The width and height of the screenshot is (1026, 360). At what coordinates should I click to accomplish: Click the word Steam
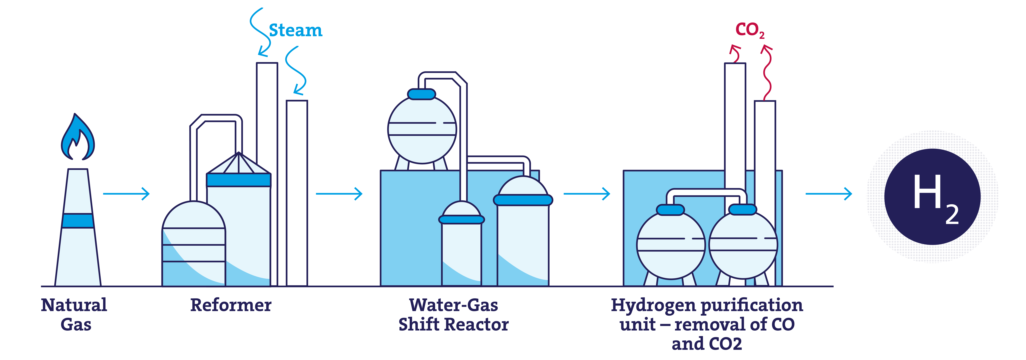click(x=295, y=30)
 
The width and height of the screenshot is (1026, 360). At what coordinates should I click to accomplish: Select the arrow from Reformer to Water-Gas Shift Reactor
click(x=339, y=194)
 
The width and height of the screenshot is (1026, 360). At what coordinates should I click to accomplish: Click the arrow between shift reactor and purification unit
click(x=587, y=194)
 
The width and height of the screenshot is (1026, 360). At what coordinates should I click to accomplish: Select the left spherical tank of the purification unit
click(x=671, y=245)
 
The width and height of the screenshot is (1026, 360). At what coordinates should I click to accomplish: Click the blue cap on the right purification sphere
click(x=742, y=210)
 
